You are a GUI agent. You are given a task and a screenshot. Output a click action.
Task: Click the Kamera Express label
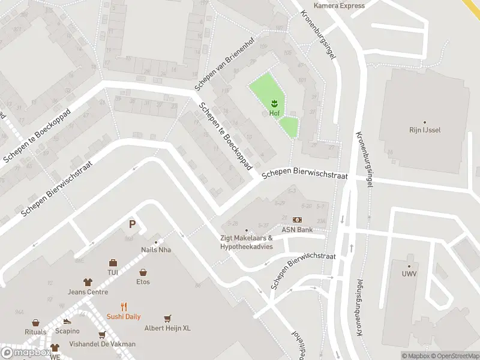click(x=339, y=6)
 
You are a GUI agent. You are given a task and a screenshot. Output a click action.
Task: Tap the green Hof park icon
click(x=274, y=103)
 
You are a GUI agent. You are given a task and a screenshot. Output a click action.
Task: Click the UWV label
click(x=409, y=274)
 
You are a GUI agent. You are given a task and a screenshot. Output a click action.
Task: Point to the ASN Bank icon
click(x=297, y=220)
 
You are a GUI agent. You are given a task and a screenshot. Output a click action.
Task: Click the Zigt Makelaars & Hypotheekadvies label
click(x=247, y=242)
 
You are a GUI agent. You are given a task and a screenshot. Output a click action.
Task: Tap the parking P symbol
click(x=132, y=225)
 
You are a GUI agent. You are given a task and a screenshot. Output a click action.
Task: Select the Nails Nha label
click(x=156, y=250)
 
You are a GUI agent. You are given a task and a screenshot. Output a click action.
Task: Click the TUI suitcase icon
click(x=113, y=263)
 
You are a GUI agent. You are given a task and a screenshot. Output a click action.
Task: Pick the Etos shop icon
click(x=143, y=272)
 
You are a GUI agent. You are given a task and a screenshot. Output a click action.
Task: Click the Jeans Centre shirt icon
click(x=88, y=282)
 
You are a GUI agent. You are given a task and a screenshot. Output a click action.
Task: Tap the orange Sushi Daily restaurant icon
click(x=124, y=307)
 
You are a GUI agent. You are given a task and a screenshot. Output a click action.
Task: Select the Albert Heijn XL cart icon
click(x=168, y=318)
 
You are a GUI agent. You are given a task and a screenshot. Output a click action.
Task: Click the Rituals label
click(x=35, y=332)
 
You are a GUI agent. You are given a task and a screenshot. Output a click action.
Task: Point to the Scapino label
click(x=67, y=331)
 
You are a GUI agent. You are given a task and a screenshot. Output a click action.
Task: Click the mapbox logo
click(x=26, y=353)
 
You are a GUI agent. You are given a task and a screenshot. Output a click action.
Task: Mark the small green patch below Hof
click(x=289, y=127)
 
